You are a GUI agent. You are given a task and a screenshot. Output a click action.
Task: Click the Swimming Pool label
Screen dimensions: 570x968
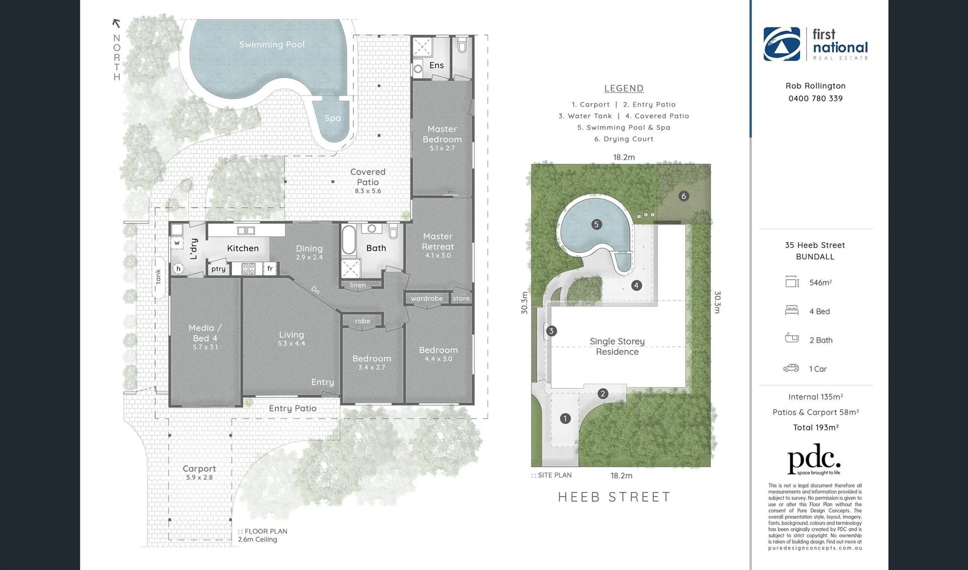[272, 45]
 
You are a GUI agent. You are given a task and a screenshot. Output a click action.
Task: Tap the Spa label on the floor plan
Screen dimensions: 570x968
[332, 118]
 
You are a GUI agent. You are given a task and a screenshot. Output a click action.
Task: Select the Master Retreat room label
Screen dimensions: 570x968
[438, 241]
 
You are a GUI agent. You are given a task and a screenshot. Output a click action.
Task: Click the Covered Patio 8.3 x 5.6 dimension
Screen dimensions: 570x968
[368, 191]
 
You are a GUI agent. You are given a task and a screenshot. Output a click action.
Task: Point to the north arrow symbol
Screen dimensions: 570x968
[116, 23]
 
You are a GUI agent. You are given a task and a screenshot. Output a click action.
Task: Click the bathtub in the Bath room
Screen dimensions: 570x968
[349, 241]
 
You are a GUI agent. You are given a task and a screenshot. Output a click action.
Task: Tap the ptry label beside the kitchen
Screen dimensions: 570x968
[218, 269]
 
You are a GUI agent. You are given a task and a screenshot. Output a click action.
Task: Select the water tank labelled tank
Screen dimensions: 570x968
[159, 277]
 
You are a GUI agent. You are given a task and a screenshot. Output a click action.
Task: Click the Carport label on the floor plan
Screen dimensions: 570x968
[199, 469]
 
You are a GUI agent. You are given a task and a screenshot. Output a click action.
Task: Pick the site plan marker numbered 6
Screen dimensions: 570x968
[684, 196]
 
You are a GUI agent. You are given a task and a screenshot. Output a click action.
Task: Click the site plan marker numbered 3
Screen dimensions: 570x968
[551, 331]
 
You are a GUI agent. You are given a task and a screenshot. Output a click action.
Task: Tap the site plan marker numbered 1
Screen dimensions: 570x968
[565, 419]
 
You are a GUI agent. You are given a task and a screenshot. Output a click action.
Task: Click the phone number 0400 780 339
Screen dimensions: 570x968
[815, 99]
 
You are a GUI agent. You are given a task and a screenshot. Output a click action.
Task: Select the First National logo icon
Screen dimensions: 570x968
[781, 44]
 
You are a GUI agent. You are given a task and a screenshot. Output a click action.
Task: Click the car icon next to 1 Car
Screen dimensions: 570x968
[791, 368]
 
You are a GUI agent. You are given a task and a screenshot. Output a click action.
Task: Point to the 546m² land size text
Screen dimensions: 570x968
[820, 283]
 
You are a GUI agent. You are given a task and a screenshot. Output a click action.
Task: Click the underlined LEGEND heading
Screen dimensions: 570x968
[624, 89]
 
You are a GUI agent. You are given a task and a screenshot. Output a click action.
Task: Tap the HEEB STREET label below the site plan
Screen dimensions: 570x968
[614, 497]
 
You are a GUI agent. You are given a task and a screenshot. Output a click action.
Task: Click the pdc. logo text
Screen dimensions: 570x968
[813, 459]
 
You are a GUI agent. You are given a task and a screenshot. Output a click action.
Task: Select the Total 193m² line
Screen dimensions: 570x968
[815, 427]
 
